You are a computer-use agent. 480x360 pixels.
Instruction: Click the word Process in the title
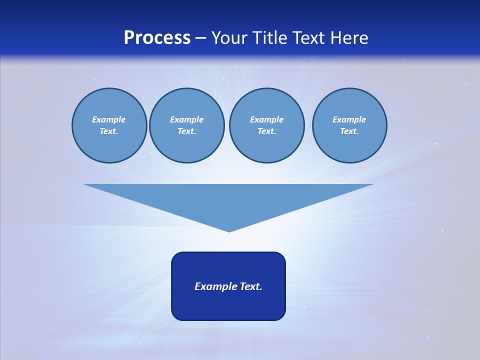(x=157, y=37)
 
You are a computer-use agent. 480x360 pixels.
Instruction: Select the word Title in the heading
(x=271, y=37)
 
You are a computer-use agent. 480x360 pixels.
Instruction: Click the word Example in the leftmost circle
(x=109, y=119)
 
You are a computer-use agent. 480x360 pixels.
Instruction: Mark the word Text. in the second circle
(x=186, y=131)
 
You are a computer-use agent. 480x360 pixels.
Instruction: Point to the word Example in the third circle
(x=266, y=119)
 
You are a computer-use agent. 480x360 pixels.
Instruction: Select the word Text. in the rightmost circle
(x=349, y=131)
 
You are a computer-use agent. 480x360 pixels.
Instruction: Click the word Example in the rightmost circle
(x=349, y=119)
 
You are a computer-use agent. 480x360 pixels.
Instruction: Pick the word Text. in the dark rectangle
(x=250, y=286)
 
